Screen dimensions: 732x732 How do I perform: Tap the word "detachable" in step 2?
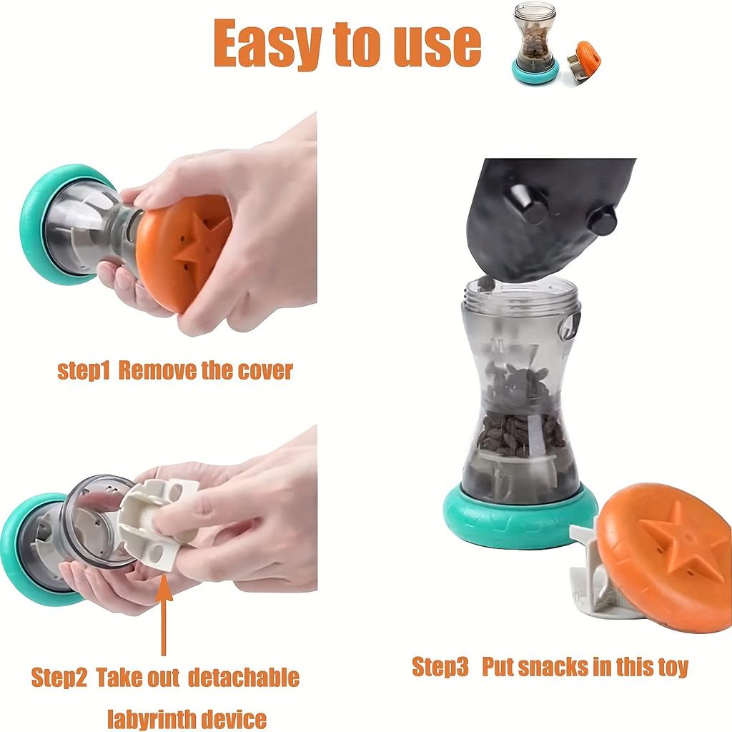244,677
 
